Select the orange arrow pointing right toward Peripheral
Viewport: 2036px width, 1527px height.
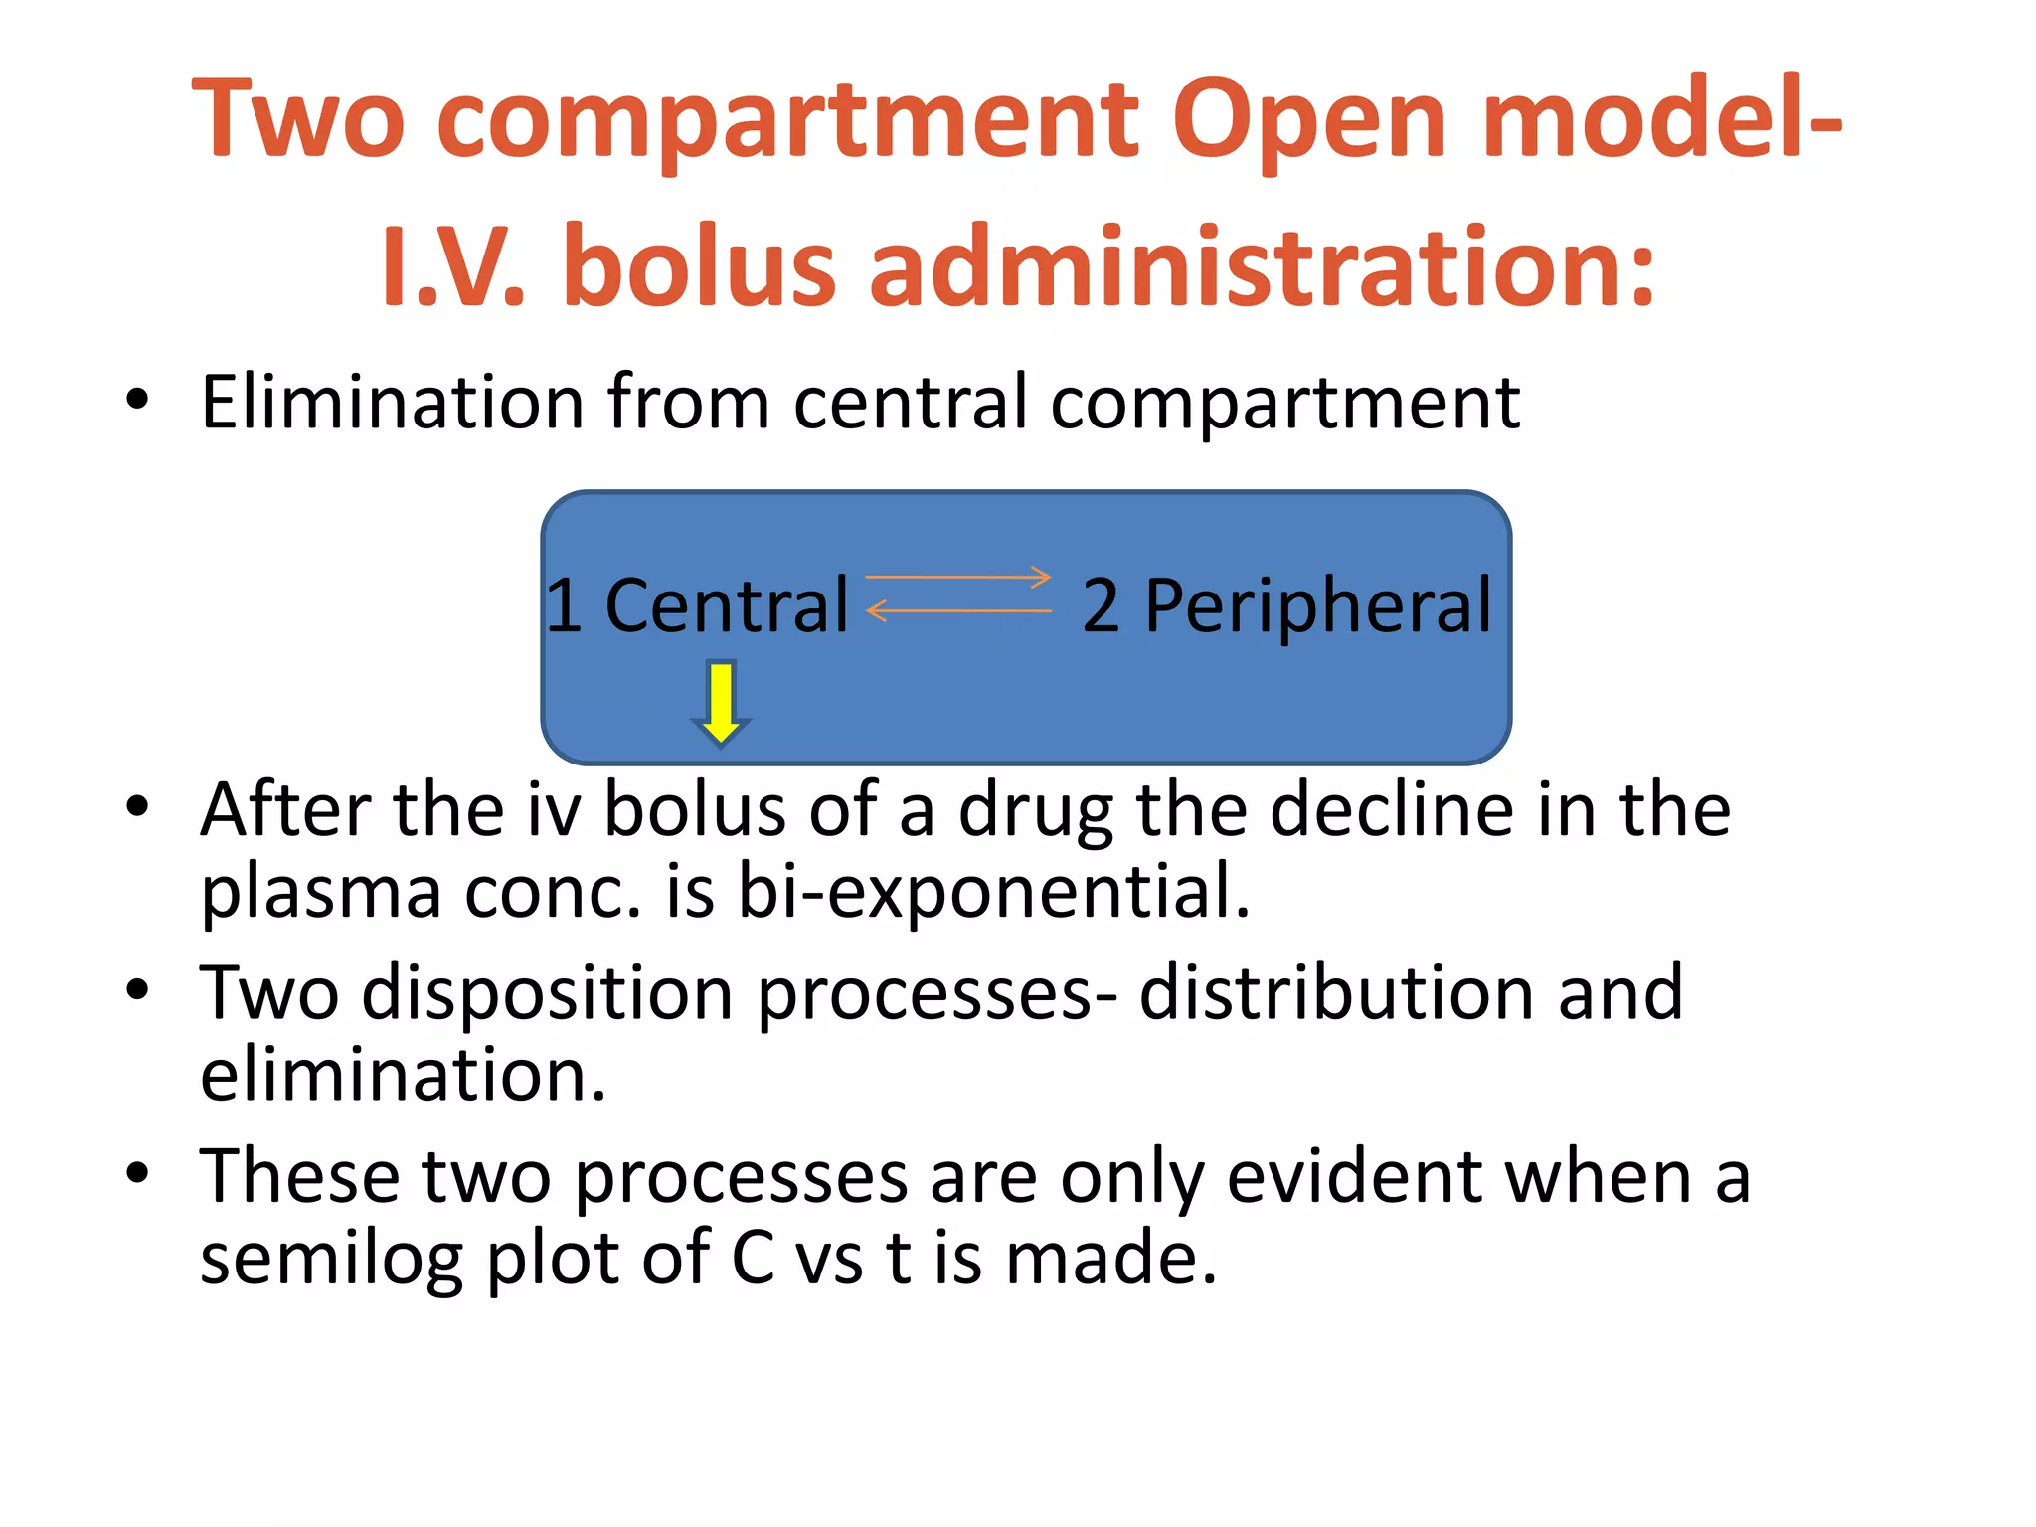[958, 577]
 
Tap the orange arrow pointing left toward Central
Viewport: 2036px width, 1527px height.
[958, 610]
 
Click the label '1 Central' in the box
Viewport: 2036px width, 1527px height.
[697, 605]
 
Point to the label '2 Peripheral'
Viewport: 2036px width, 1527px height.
[1286, 605]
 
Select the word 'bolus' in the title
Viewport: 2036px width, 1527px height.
[700, 266]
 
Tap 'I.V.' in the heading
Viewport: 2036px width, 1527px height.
[452, 266]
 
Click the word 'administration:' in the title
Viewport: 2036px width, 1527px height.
[1263, 266]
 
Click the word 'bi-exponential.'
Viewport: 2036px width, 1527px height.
[993, 891]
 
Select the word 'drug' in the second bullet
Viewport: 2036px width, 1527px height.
[1035, 810]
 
